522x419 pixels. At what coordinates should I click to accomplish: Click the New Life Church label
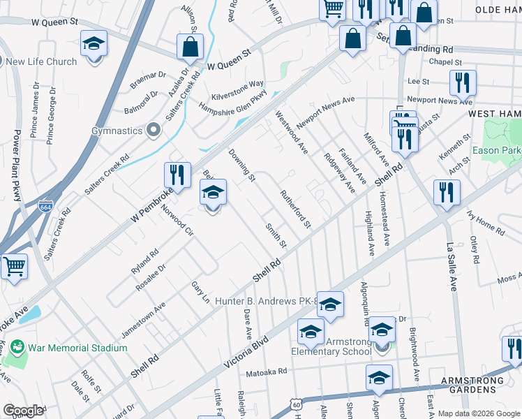click(x=42, y=62)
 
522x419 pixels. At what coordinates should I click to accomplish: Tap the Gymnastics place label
click(x=117, y=131)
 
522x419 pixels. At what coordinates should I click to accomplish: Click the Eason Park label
click(x=497, y=150)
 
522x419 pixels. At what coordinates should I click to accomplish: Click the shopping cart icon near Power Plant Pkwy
click(x=14, y=267)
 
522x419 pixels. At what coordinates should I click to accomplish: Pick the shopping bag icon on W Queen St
click(x=190, y=47)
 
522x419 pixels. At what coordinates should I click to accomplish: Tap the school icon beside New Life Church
click(x=93, y=44)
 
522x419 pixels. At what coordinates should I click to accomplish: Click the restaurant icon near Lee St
click(x=462, y=83)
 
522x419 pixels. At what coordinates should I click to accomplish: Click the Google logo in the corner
click(x=23, y=411)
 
